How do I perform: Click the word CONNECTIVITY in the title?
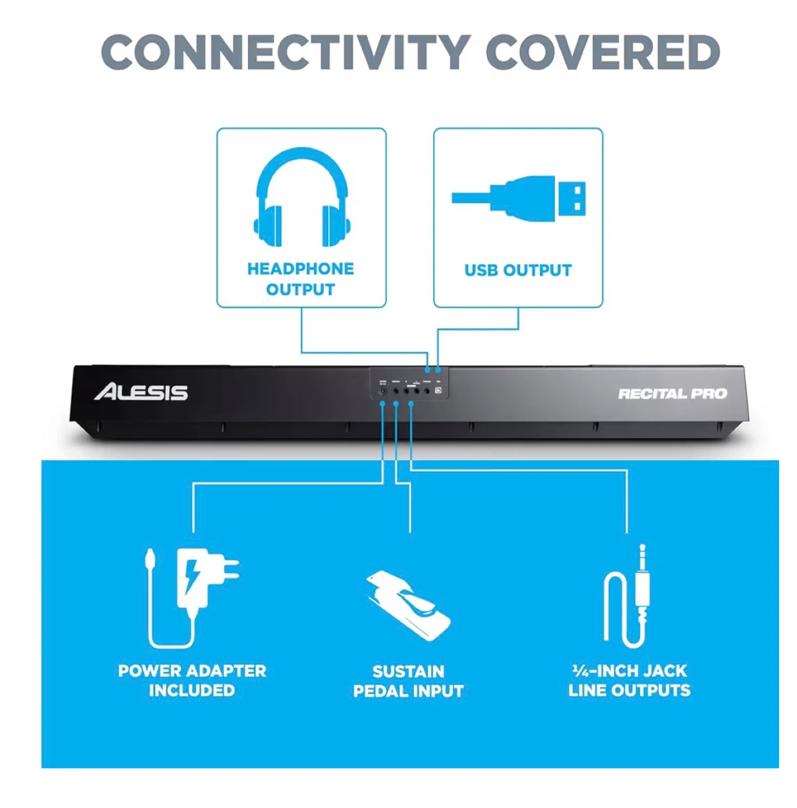click(285, 52)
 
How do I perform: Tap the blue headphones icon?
click(302, 198)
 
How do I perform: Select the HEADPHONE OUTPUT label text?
click(301, 279)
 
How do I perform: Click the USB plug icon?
click(519, 199)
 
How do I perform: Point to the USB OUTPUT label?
click(518, 270)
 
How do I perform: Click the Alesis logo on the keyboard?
click(141, 392)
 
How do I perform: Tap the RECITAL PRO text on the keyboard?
click(672, 394)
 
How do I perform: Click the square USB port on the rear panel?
click(438, 391)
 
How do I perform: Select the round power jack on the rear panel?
click(383, 391)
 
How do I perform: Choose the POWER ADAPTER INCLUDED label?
click(192, 680)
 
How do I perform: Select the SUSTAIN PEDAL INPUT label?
click(408, 681)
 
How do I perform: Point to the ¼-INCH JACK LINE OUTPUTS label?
click(629, 680)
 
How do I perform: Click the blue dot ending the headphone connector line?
click(428, 369)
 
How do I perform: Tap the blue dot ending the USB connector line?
click(437, 369)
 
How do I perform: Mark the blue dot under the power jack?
click(383, 404)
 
